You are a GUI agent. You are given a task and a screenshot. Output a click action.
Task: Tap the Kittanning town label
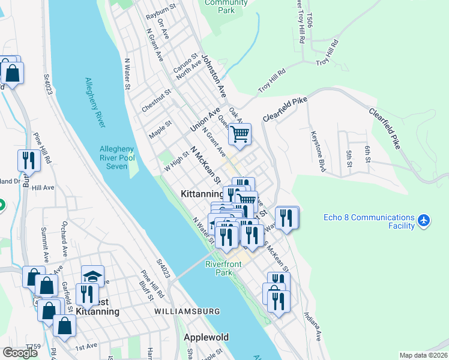pyautogui.click(x=202, y=194)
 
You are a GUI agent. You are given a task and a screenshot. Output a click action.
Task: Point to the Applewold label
pyautogui.click(x=206, y=337)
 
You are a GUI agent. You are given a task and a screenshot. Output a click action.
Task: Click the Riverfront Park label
pyautogui.click(x=226, y=268)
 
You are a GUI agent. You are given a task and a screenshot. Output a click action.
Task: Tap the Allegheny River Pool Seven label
pyautogui.click(x=122, y=157)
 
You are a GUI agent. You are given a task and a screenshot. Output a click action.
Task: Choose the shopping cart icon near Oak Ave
pyautogui.click(x=240, y=134)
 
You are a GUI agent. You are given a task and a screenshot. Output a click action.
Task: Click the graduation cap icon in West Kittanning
pyautogui.click(x=92, y=276)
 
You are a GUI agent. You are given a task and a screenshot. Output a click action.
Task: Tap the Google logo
pyautogui.click(x=20, y=352)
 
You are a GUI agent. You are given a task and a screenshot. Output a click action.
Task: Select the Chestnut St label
pyautogui.click(x=157, y=101)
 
